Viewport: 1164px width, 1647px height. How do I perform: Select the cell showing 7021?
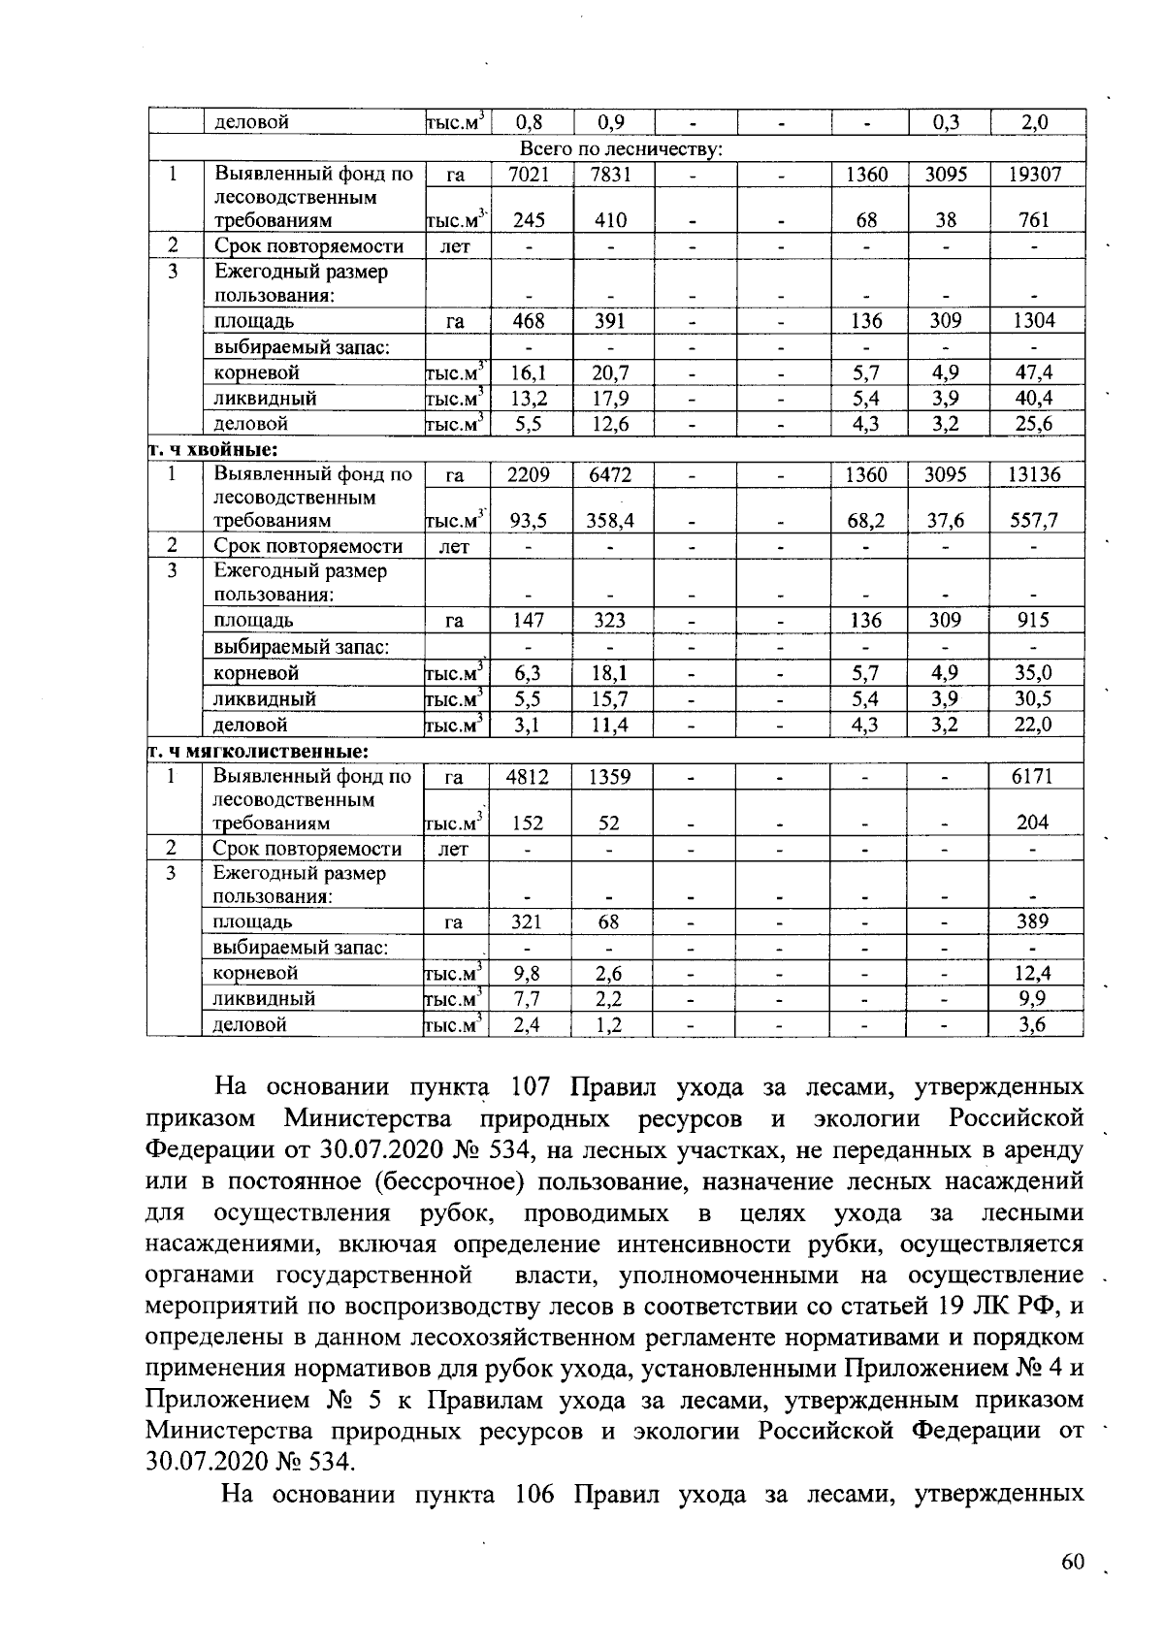pos(529,175)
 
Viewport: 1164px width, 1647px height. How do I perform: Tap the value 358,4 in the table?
pos(610,521)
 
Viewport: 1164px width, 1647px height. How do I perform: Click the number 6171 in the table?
pos(1033,776)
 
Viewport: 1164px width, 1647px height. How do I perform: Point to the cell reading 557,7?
pos(1034,521)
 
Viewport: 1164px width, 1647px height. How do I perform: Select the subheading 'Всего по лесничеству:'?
pos(621,149)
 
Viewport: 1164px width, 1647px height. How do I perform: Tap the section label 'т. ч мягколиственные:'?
pos(257,751)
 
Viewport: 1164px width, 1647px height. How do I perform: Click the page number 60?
pos(1071,1562)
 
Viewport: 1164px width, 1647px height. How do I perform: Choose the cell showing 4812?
pos(528,776)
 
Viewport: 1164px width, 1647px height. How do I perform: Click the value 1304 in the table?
pos(1034,321)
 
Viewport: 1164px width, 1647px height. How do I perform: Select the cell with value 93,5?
pos(529,521)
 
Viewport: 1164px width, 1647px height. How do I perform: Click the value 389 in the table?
pos(1033,921)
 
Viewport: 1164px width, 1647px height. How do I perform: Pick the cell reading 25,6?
pos(1034,424)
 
